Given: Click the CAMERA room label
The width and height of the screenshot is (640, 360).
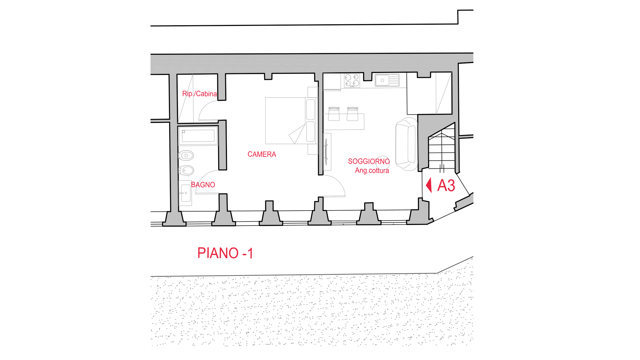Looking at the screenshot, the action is pyautogui.click(x=261, y=154).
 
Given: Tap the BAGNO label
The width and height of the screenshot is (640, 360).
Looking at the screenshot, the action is pyautogui.click(x=203, y=185).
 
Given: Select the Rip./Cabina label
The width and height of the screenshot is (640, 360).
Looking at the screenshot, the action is pyautogui.click(x=199, y=94).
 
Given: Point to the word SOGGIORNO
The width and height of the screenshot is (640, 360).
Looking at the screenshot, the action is pyautogui.click(x=369, y=161).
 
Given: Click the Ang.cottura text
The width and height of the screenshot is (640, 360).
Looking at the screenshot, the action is pyautogui.click(x=372, y=171).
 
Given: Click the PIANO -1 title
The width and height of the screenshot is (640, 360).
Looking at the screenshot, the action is pyautogui.click(x=225, y=253).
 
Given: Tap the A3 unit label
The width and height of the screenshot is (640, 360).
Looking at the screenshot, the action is pyautogui.click(x=446, y=186).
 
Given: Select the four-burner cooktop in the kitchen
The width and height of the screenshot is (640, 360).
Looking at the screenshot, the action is pyautogui.click(x=352, y=80).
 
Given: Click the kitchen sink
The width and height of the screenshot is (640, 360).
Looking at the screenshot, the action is pyautogui.click(x=387, y=80).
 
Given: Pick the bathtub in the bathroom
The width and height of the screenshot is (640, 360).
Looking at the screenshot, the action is pyautogui.click(x=198, y=136).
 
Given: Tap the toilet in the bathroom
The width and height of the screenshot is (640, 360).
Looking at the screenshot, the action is pyautogui.click(x=186, y=156).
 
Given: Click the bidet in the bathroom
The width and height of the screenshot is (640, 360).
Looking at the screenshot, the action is pyautogui.click(x=186, y=170).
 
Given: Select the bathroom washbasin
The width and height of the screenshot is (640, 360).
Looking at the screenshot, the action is pyautogui.click(x=185, y=193).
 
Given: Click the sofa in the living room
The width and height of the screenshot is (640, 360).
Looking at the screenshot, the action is pyautogui.click(x=406, y=144).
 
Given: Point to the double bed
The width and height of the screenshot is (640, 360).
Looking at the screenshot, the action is pyautogui.click(x=290, y=121).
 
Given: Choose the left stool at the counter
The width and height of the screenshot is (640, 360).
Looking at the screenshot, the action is pyautogui.click(x=334, y=114).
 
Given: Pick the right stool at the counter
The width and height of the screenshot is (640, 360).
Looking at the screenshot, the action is pyautogui.click(x=352, y=114).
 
